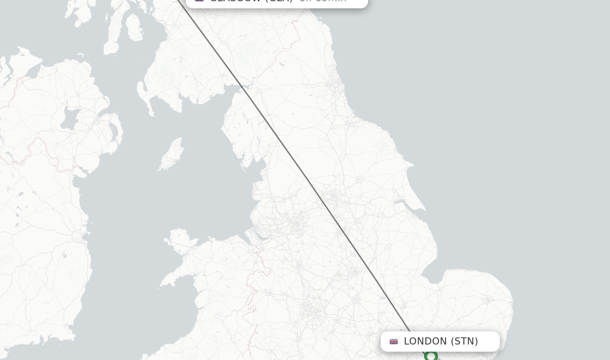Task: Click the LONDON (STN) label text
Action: [441, 342]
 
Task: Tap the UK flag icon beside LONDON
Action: [394, 342]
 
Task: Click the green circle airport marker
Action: [431, 356]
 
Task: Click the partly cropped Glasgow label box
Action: [277, 2]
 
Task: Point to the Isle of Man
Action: [172, 154]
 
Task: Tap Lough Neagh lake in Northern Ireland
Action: [70, 117]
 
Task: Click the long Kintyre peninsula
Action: [111, 36]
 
